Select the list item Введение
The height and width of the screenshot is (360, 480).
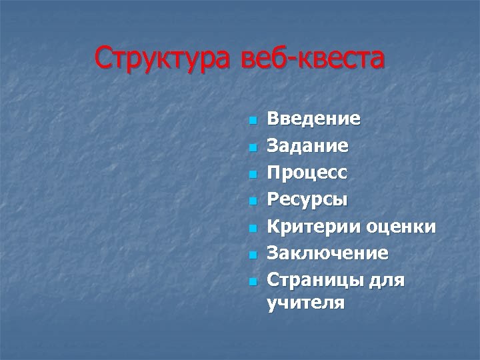[314, 119]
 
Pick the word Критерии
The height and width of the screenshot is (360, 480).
[314, 227]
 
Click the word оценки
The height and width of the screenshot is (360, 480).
[401, 227]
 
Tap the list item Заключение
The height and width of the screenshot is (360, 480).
[327, 253]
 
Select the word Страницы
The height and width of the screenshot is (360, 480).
[314, 280]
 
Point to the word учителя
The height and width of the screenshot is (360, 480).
[306, 305]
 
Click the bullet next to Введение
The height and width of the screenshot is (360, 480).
[252, 121]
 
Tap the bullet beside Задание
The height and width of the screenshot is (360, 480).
[252, 147]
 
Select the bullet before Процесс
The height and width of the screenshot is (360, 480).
[252, 175]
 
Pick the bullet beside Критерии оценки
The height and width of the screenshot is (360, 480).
[252, 228]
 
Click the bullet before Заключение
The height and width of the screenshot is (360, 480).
[252, 255]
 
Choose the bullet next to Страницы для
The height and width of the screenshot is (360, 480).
[252, 281]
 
